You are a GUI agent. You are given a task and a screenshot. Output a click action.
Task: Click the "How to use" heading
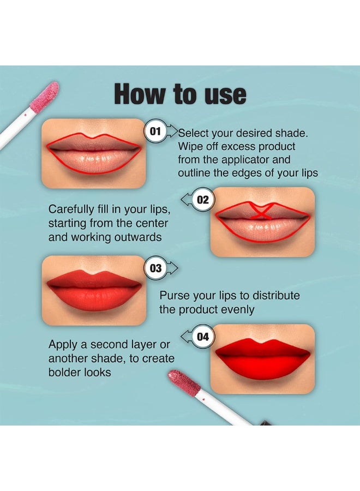click(180, 94)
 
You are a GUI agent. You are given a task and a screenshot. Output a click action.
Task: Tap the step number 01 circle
click(155, 131)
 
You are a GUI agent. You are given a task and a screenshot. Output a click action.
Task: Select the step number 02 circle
click(202, 200)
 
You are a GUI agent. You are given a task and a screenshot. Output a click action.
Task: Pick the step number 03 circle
click(155, 268)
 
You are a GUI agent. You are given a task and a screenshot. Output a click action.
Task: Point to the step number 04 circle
click(202, 337)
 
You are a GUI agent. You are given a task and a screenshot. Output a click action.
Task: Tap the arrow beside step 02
click(187, 200)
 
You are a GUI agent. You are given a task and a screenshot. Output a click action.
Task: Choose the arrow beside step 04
click(187, 337)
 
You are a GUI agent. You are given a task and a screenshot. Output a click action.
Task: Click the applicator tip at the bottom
click(184, 382)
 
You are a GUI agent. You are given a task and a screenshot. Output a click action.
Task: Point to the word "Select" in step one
click(194, 134)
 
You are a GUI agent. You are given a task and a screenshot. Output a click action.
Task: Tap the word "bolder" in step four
click(65, 372)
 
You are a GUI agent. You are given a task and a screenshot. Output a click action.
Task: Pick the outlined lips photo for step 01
click(94, 153)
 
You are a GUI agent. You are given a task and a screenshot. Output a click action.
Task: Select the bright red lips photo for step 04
click(262, 358)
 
